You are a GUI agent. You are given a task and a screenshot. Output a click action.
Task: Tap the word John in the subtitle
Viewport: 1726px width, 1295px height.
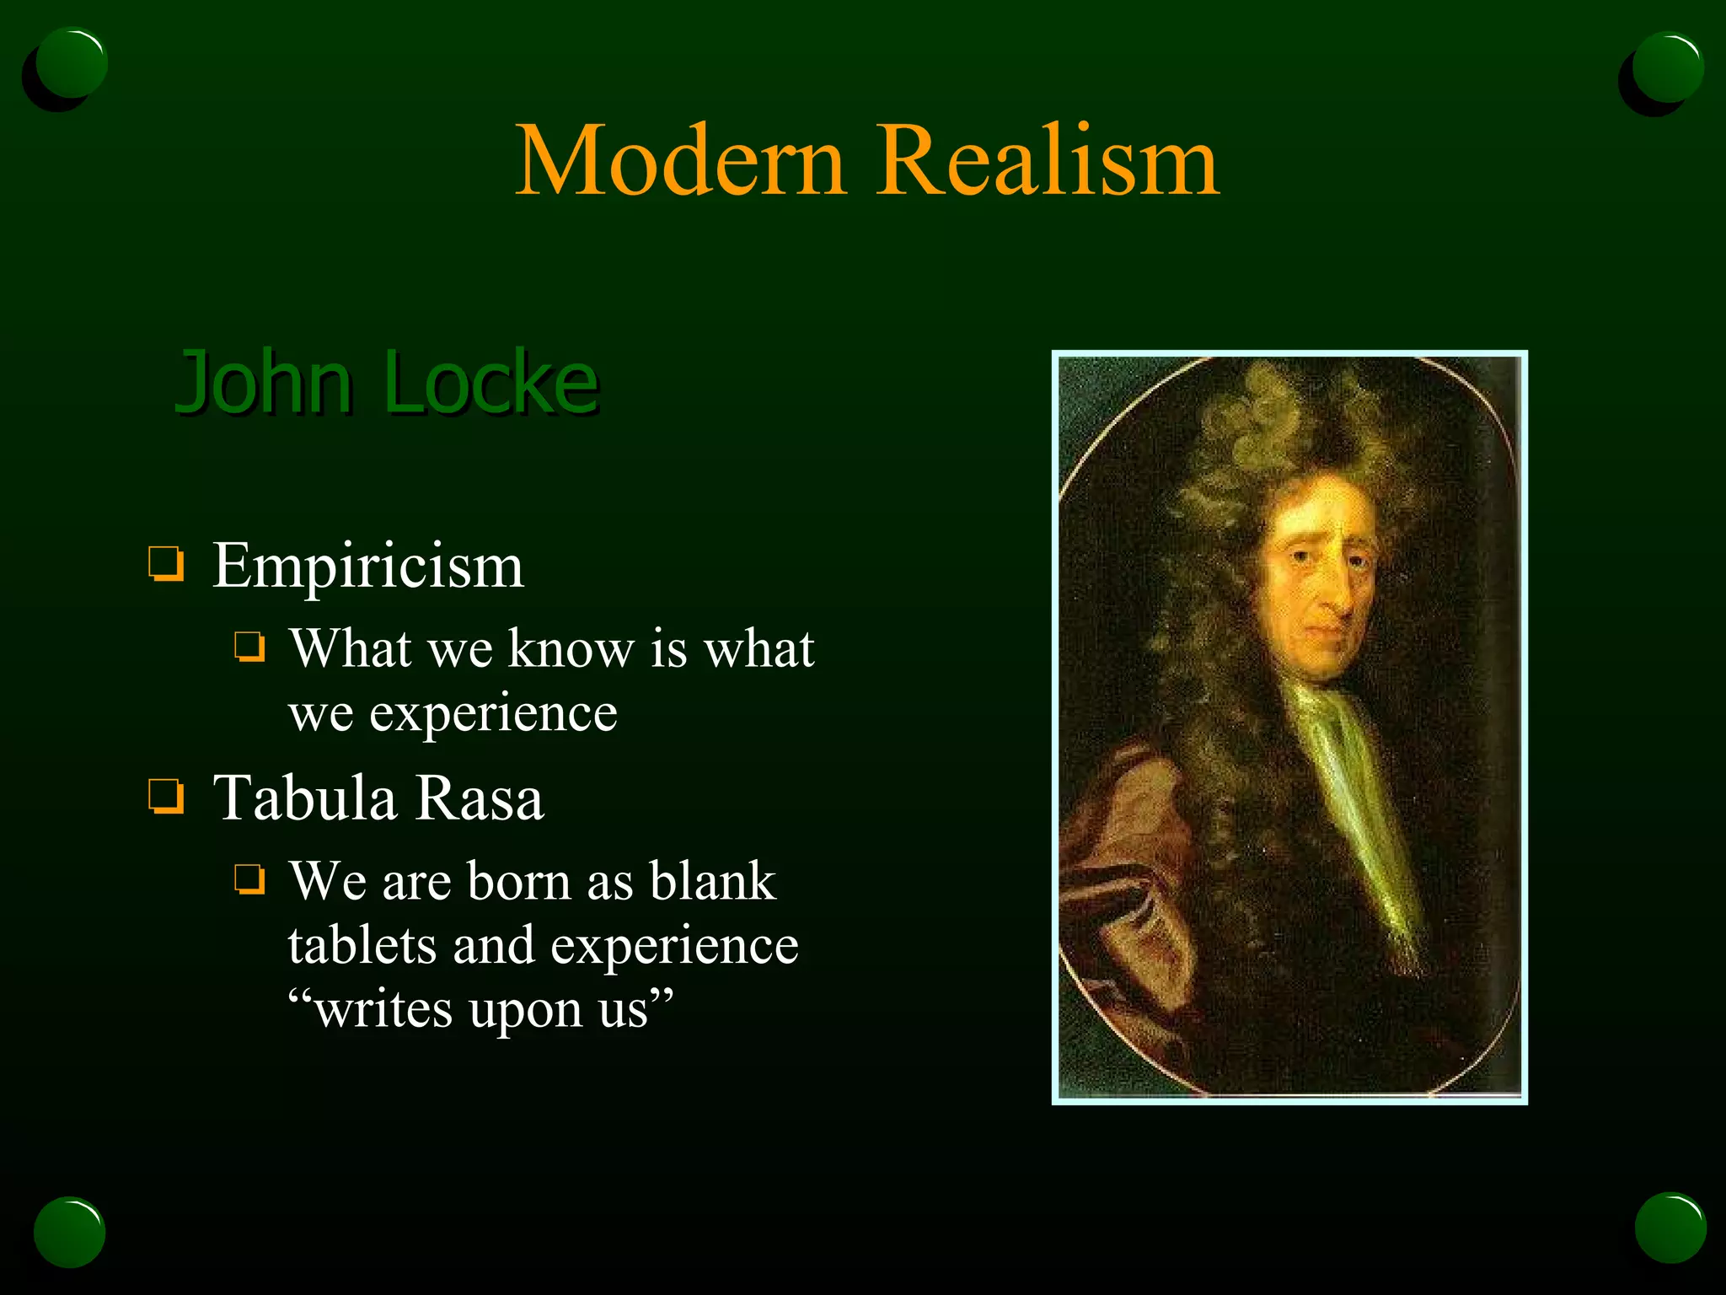[x=262, y=384]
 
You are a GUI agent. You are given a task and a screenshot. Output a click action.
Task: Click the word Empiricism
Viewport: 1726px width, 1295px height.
[x=368, y=566]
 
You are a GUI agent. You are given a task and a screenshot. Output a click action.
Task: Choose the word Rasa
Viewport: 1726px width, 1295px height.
[x=480, y=798]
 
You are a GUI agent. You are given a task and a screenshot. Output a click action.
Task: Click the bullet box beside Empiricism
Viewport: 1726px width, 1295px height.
[x=166, y=564]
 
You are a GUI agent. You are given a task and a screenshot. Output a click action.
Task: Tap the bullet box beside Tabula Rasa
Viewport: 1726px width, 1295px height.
[x=166, y=796]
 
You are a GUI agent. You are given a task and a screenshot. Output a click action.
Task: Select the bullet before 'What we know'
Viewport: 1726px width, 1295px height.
[x=249, y=647]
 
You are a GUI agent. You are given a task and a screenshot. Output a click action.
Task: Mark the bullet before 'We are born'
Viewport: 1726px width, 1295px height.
[x=249, y=879]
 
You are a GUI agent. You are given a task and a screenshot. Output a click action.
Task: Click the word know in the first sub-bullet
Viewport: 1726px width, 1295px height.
[x=571, y=649]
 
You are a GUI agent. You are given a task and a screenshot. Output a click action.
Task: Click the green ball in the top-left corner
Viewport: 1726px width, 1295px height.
[x=72, y=64]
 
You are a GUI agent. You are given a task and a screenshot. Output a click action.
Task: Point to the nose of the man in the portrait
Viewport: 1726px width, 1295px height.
[x=1336, y=594]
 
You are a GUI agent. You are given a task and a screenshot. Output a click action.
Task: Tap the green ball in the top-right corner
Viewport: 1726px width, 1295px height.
[x=1668, y=67]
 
